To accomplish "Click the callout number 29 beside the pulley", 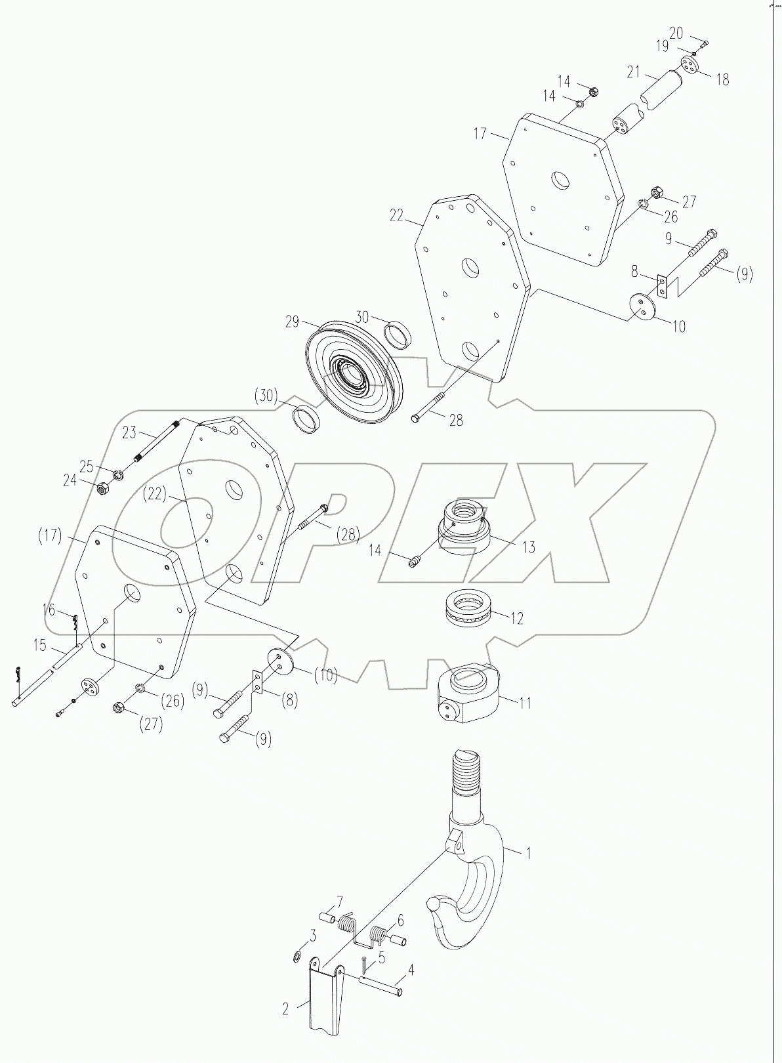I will click(x=291, y=322).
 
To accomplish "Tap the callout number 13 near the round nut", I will click(x=528, y=548).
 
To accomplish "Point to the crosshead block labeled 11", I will click(x=468, y=692).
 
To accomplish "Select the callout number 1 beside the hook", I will click(x=528, y=853).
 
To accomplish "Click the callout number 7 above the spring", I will click(x=340, y=900).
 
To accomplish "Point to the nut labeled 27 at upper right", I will click(x=655, y=193).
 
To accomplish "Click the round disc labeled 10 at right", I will click(x=643, y=306).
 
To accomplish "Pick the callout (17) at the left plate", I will click(x=50, y=535).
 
